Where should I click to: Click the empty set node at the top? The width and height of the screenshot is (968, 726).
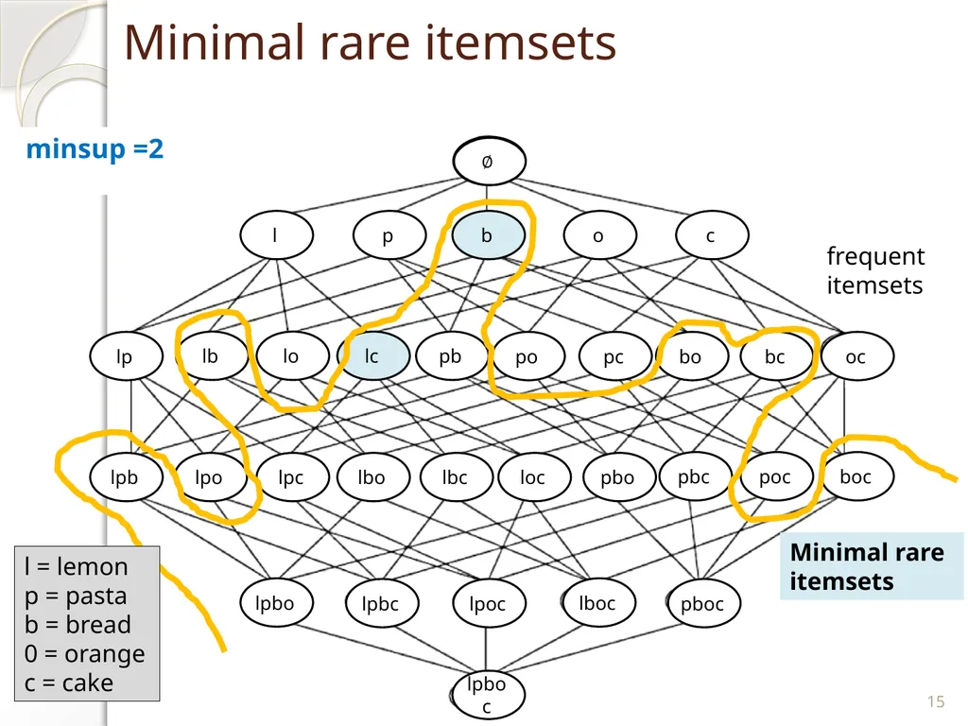tap(489, 161)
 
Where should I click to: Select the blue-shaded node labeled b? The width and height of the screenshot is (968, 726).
tap(488, 235)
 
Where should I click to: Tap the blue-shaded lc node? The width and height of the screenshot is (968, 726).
tap(372, 356)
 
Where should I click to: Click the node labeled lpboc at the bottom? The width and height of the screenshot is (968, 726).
tap(488, 695)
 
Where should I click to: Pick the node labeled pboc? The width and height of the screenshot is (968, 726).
tap(703, 602)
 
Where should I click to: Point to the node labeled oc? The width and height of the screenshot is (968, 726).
tap(856, 356)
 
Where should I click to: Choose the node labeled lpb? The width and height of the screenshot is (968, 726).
tap(126, 477)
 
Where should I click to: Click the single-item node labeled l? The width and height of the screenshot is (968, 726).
tap(276, 235)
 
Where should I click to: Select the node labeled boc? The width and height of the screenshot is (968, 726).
tap(856, 476)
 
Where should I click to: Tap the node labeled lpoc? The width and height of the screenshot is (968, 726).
tap(489, 602)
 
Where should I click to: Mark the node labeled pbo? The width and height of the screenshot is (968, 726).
tap(618, 477)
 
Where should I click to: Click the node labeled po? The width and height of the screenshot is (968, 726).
tap(527, 356)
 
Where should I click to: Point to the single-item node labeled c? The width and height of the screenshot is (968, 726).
tap(712, 235)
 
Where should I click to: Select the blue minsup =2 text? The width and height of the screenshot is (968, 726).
tap(95, 149)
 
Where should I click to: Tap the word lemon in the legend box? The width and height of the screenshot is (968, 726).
tap(92, 566)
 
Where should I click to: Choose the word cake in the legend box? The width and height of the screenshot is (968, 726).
tap(87, 683)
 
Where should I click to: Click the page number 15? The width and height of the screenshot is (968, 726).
tap(935, 702)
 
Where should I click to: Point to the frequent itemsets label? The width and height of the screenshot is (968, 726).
tap(875, 270)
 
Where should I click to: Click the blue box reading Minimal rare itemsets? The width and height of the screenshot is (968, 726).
tap(871, 566)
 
